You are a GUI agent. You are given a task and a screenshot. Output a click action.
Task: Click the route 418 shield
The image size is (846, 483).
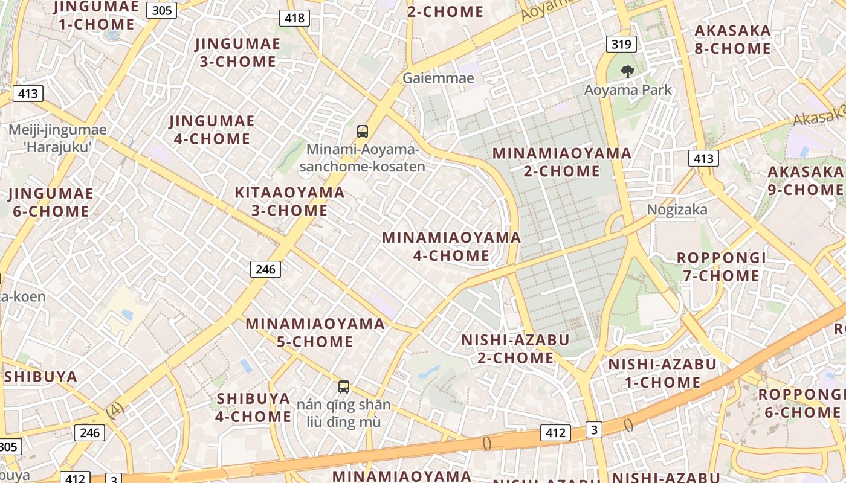coord(294,18)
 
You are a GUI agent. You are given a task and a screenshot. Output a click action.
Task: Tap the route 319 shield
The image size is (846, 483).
coord(621,43)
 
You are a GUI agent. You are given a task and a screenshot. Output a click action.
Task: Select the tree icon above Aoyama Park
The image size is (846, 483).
coord(628,72)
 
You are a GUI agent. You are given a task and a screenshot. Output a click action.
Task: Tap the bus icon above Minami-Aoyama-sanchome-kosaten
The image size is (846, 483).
coord(363,131)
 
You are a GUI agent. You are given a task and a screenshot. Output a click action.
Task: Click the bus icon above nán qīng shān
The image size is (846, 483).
coord(344,387)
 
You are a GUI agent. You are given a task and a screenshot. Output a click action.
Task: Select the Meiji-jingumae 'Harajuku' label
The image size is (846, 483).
coord(57,138)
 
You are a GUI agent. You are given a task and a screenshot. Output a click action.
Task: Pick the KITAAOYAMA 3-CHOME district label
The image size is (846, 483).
coord(289,202)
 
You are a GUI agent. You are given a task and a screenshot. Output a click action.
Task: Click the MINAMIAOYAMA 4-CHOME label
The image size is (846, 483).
coord(451,246)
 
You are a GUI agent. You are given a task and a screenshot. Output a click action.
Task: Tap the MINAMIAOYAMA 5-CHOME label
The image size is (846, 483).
coord(315,333)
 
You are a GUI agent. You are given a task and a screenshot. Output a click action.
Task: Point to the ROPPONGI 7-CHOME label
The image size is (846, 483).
coord(721,267)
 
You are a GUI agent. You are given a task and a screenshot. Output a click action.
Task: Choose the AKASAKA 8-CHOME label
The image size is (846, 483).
coord(732,39)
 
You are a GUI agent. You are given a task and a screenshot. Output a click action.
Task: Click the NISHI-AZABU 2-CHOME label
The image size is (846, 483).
coord(515,349)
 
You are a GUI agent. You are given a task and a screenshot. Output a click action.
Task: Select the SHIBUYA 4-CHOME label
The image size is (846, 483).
coord(254,408)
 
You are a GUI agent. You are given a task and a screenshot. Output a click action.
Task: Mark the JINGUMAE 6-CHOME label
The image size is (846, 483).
coord(51,202)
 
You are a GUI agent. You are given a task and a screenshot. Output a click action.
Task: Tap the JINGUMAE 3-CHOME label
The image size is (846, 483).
coord(237,53)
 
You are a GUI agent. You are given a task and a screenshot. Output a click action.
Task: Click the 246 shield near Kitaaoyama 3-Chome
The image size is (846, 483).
coord(265,269)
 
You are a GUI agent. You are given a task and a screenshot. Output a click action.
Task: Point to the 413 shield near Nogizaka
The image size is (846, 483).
coord(703,159)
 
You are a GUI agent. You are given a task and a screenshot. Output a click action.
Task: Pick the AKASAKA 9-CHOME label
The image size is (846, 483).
coord(805,181)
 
